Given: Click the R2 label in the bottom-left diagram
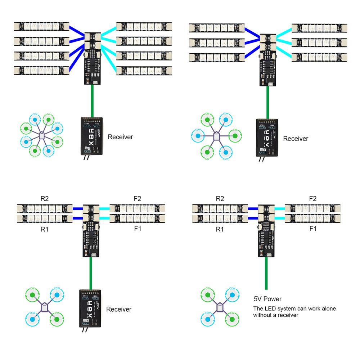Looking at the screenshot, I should coord(45,198).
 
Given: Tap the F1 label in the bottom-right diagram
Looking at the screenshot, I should coord(313,228).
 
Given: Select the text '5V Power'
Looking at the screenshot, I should coord(267,299).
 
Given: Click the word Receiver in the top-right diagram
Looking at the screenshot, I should coord(296,139).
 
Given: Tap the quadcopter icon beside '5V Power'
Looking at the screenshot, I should coord(219,307).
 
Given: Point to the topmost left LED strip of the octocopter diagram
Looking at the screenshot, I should coord(41,26).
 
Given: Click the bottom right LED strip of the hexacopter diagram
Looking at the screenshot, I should coord(319,57).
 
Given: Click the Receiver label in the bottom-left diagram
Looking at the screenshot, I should coord(119,309).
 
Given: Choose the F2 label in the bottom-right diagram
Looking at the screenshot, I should coord(313,198).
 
